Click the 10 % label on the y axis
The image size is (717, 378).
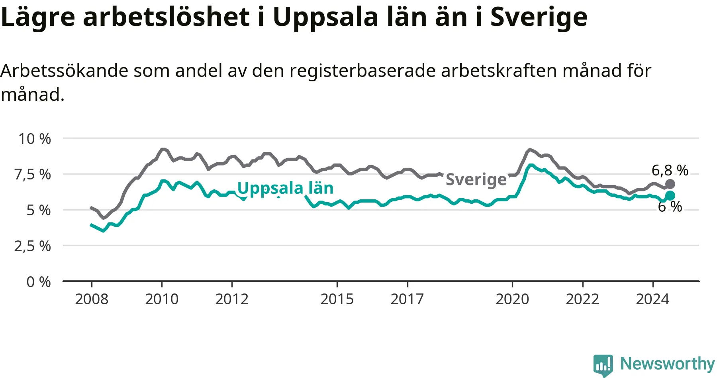point(35,139)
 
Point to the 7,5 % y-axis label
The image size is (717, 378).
point(33,174)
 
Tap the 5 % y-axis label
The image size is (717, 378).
point(39,210)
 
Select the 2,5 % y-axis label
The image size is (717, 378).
point(33,246)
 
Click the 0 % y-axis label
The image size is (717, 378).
point(39,282)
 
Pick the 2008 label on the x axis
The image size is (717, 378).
point(92,299)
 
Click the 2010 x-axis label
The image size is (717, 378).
point(162,299)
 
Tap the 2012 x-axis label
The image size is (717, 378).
point(232,299)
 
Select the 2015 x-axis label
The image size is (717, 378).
point(337,299)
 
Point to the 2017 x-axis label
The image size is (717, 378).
point(407,299)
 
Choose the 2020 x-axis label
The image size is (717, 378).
point(512,299)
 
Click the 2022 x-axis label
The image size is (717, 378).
point(582,299)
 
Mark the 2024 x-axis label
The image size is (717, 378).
point(652,299)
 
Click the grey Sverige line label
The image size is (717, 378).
point(476,180)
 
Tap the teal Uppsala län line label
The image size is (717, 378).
point(285,188)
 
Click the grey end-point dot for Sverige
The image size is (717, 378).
point(670,184)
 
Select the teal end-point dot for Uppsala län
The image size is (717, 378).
point(670,195)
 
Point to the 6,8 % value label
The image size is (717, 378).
point(670,171)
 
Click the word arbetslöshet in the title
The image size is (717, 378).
point(167,17)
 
